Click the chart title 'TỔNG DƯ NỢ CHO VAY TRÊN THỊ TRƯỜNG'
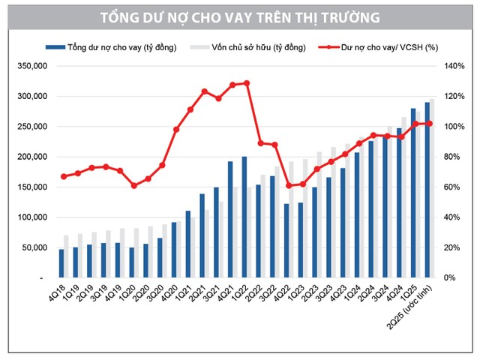[239, 16]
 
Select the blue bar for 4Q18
[61, 263]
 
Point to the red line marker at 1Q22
[247, 83]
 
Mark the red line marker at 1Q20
[134, 185]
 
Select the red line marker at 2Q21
[205, 91]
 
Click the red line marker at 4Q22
[289, 185]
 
